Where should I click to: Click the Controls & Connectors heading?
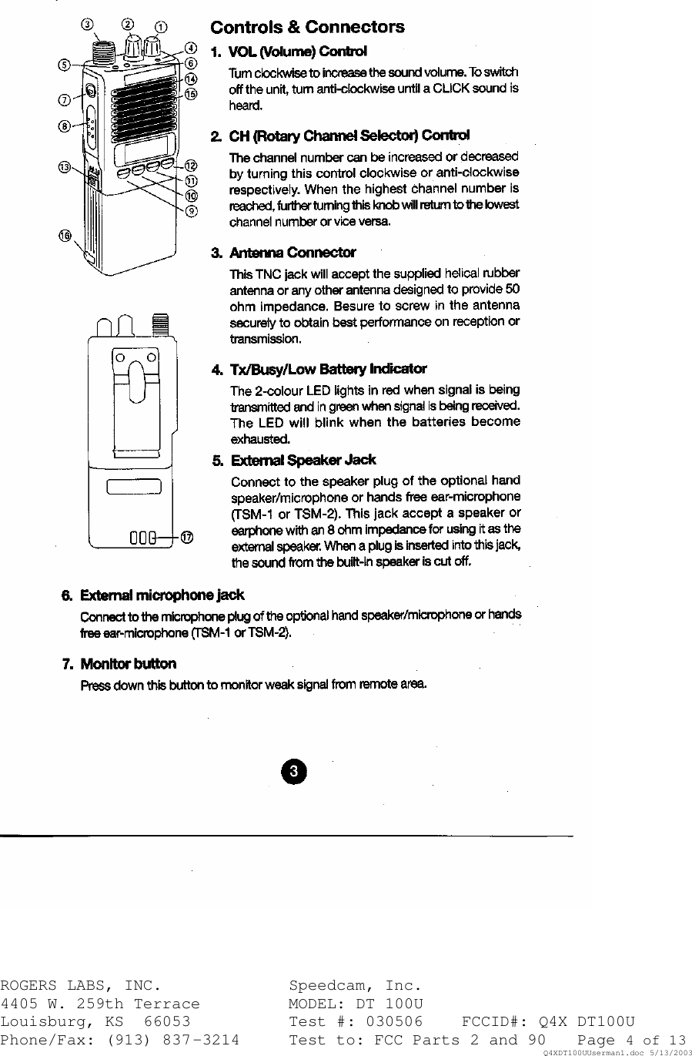pos(307,28)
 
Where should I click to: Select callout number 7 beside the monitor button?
pos(65,99)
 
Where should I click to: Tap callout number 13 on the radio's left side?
pos(65,166)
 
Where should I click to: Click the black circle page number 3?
pos(293,771)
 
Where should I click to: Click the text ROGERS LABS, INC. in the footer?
pos(81,986)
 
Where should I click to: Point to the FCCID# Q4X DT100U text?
pos(548,1022)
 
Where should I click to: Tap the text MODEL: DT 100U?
pos(356,1004)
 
